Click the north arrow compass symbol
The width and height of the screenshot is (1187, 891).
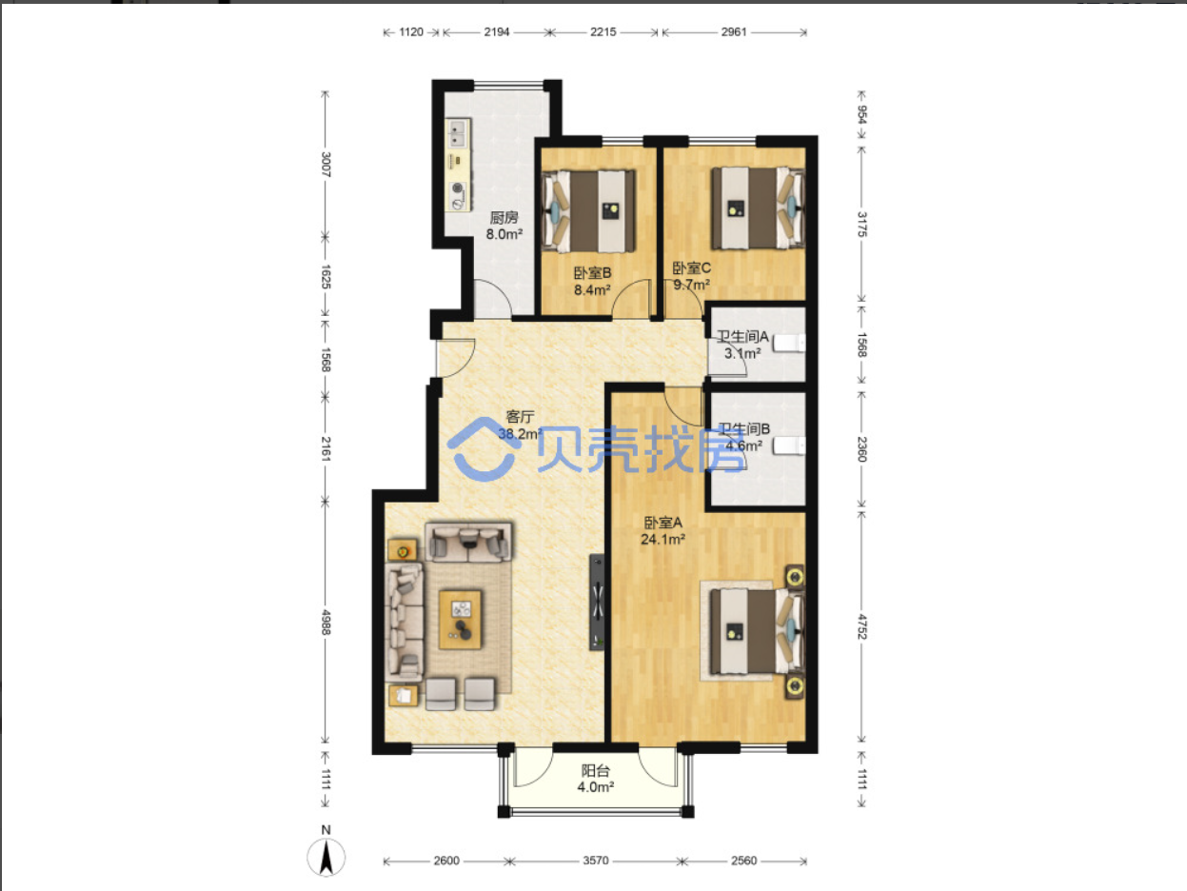326,857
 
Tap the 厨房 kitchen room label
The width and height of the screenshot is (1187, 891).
504,218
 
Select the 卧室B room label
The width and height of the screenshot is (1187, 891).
592,273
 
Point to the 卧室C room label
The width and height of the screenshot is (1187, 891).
692,268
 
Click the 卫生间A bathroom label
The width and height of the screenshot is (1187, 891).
742,337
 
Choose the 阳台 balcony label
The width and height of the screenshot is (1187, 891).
595,770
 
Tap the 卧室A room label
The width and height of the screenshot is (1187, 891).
663,523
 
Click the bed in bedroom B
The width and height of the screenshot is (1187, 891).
589,211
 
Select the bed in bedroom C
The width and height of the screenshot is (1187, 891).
758,208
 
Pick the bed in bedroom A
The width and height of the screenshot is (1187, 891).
758,631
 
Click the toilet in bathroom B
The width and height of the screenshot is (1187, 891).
789,446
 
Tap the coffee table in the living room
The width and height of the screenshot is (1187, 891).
460,620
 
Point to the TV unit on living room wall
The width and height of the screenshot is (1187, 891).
597,602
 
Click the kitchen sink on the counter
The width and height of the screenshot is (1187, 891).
458,133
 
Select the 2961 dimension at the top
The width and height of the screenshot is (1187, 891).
734,32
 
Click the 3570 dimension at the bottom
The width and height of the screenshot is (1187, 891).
595,861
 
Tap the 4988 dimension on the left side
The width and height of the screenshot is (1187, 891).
326,623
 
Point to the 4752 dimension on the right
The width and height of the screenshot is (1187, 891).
862,626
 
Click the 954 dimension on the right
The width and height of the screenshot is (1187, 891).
862,115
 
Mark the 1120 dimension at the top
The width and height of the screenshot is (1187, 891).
411,32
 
